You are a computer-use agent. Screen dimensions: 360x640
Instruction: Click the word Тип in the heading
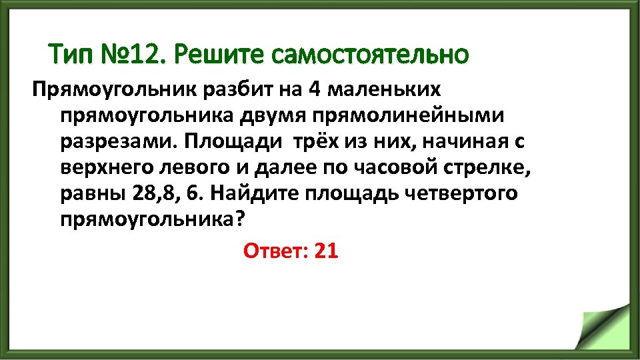click(72, 54)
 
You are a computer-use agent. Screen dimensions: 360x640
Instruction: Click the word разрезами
click(116, 142)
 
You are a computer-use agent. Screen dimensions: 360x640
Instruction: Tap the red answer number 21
click(326, 251)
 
